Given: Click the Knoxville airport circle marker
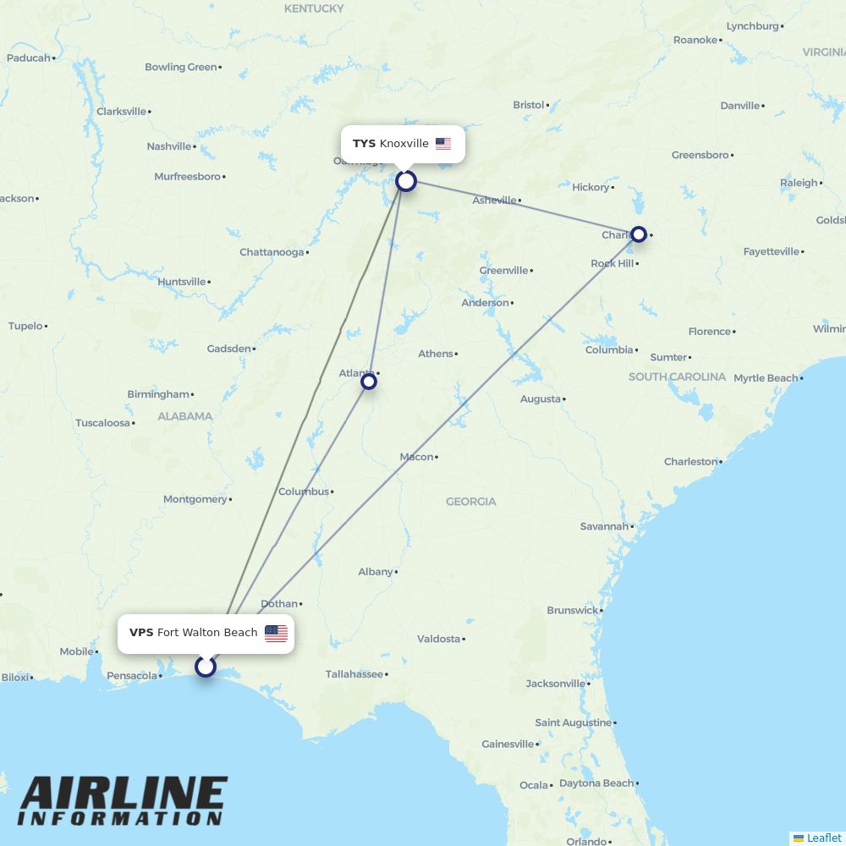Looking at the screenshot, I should [x=406, y=181].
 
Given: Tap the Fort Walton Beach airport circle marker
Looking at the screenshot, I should [x=206, y=667].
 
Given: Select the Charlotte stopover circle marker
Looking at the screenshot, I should [x=639, y=234].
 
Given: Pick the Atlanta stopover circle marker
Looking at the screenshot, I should [x=369, y=382].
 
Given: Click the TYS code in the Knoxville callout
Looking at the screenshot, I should [x=364, y=144].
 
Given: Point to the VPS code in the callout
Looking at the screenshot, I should [x=141, y=633].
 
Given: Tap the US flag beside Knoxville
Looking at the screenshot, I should [x=443, y=144].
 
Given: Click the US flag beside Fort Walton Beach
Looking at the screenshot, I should [x=276, y=634].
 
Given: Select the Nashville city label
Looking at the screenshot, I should [x=169, y=146].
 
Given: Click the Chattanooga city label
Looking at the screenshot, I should [x=271, y=252].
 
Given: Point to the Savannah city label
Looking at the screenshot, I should [x=604, y=526].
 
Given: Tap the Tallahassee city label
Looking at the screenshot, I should [x=354, y=674].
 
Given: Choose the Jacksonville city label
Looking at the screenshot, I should [x=555, y=684].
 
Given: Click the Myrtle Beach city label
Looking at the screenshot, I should [x=766, y=378].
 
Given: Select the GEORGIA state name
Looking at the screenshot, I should [x=471, y=502].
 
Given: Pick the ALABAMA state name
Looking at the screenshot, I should [x=184, y=416].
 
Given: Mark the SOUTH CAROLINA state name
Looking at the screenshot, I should [x=677, y=376].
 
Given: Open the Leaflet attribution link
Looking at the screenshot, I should [x=823, y=838].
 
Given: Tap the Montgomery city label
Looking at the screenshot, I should [x=195, y=499].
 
